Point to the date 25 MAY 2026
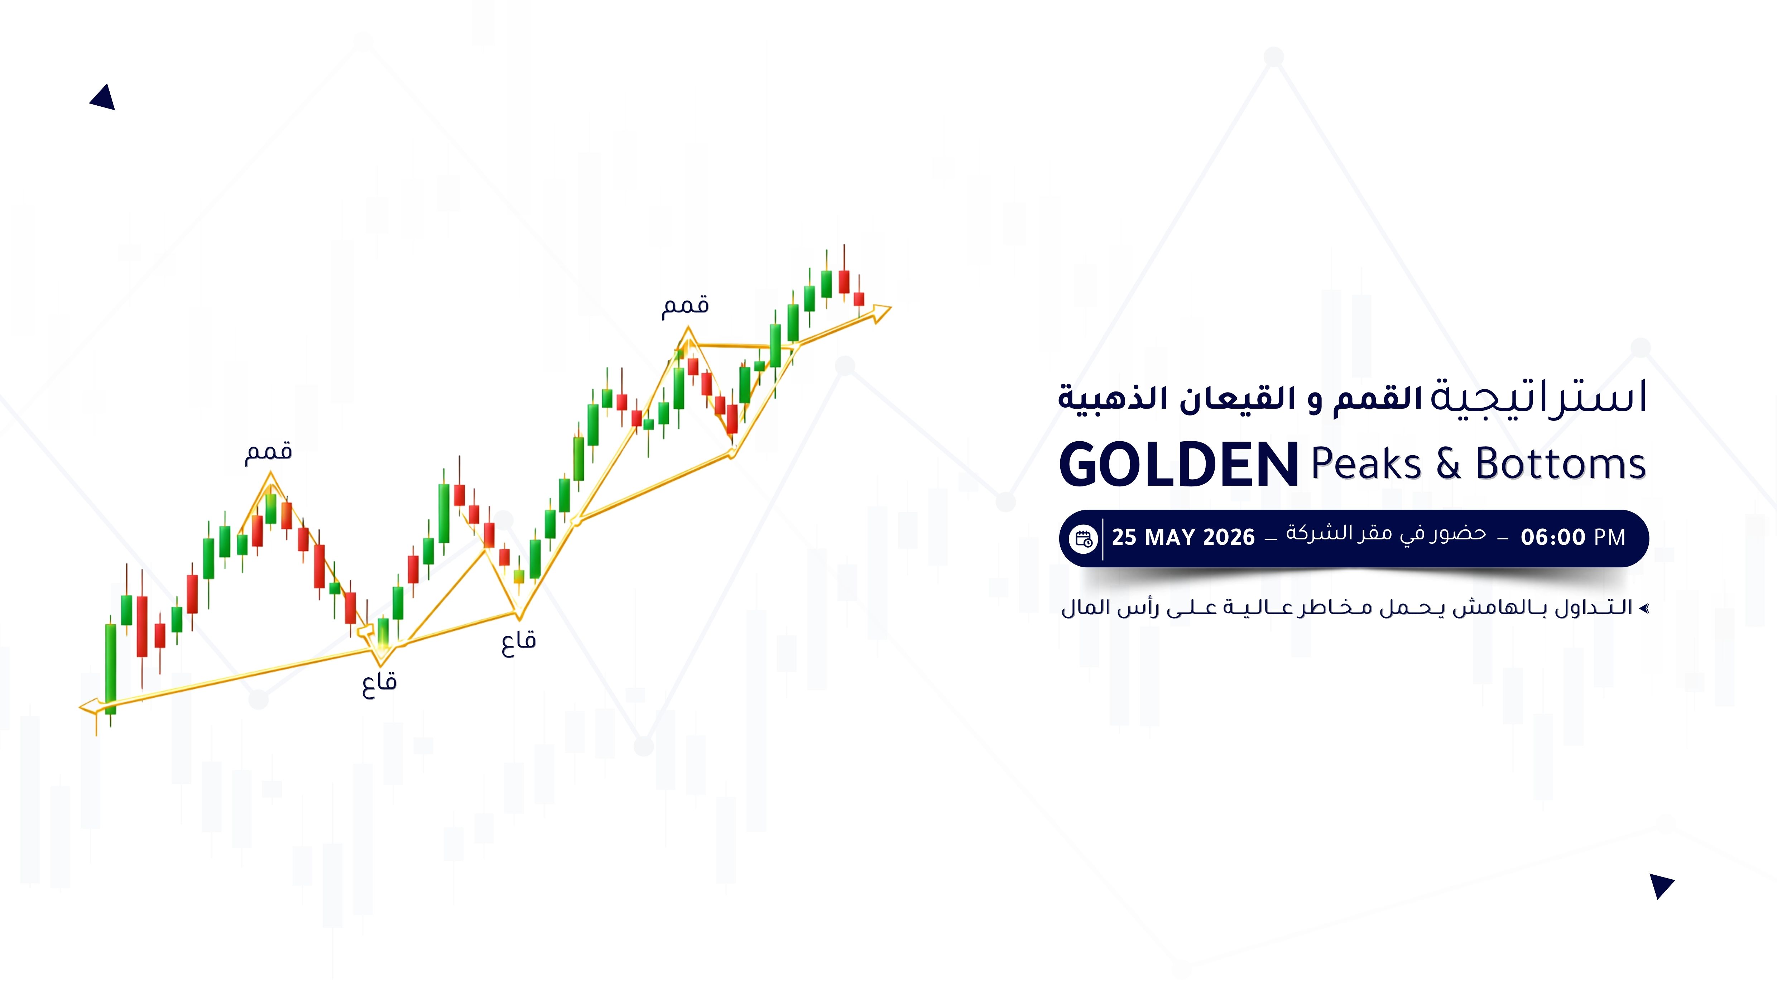tap(1183, 537)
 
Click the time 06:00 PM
tap(1573, 537)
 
